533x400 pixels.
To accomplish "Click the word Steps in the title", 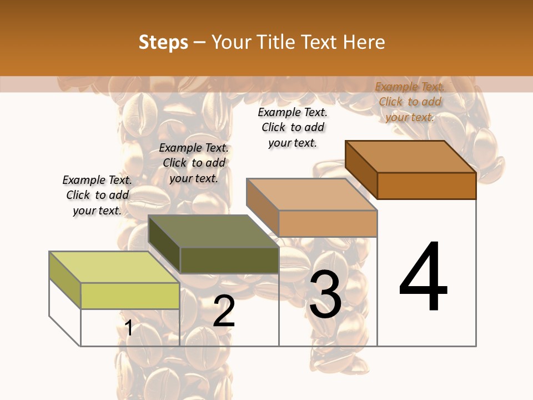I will tap(163, 42).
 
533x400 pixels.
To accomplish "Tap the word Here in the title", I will tap(364, 42).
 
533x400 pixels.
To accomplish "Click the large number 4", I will tap(423, 278).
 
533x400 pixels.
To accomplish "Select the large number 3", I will tap(325, 294).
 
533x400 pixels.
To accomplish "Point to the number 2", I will tap(224, 311).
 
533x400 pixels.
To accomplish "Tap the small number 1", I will tap(129, 328).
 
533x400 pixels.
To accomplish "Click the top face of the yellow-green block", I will tap(114, 267).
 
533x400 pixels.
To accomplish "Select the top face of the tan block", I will tap(311, 194).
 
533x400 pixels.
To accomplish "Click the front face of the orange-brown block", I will tap(426, 186).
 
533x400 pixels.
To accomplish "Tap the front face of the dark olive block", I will tap(229, 260).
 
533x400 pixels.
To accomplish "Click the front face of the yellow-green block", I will tap(130, 296).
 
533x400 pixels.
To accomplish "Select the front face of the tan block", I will tap(328, 223).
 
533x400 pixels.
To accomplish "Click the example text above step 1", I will tap(97, 195).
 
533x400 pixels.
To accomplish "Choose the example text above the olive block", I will tap(194, 163).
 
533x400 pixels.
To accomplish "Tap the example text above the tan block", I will tap(293, 127).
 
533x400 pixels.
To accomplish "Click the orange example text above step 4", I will tap(410, 102).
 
